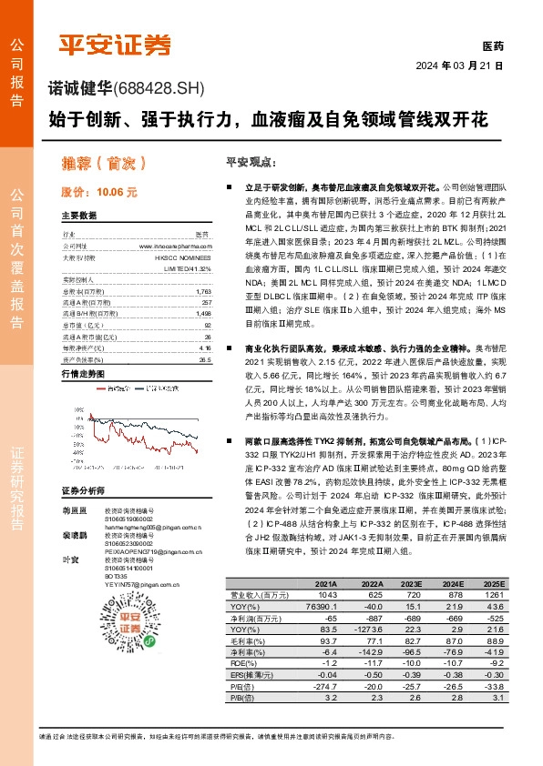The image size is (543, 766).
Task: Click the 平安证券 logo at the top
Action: [115, 44]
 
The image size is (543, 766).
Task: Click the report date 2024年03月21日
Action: [459, 66]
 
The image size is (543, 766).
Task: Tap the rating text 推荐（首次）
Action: [91, 165]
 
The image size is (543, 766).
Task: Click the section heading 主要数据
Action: [79, 216]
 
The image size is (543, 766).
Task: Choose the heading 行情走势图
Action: [83, 348]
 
